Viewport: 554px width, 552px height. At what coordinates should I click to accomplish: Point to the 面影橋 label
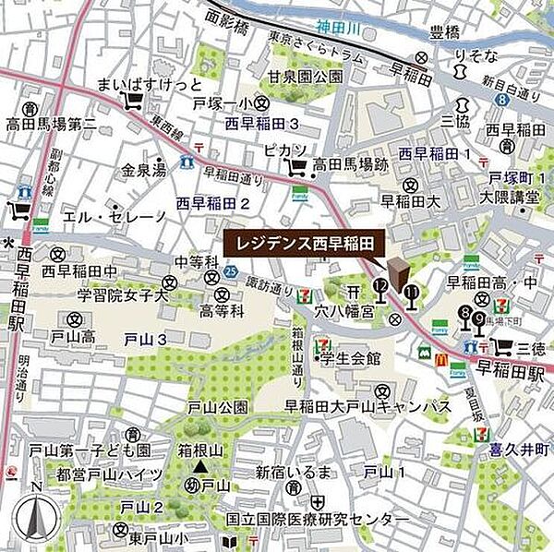coord(228,17)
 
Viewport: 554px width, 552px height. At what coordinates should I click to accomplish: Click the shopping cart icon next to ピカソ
coord(297,166)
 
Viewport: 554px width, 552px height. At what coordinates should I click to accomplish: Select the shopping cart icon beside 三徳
coord(502,346)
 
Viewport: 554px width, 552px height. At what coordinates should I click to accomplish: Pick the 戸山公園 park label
coord(218,406)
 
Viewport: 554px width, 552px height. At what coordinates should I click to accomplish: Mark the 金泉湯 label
coord(144,170)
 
